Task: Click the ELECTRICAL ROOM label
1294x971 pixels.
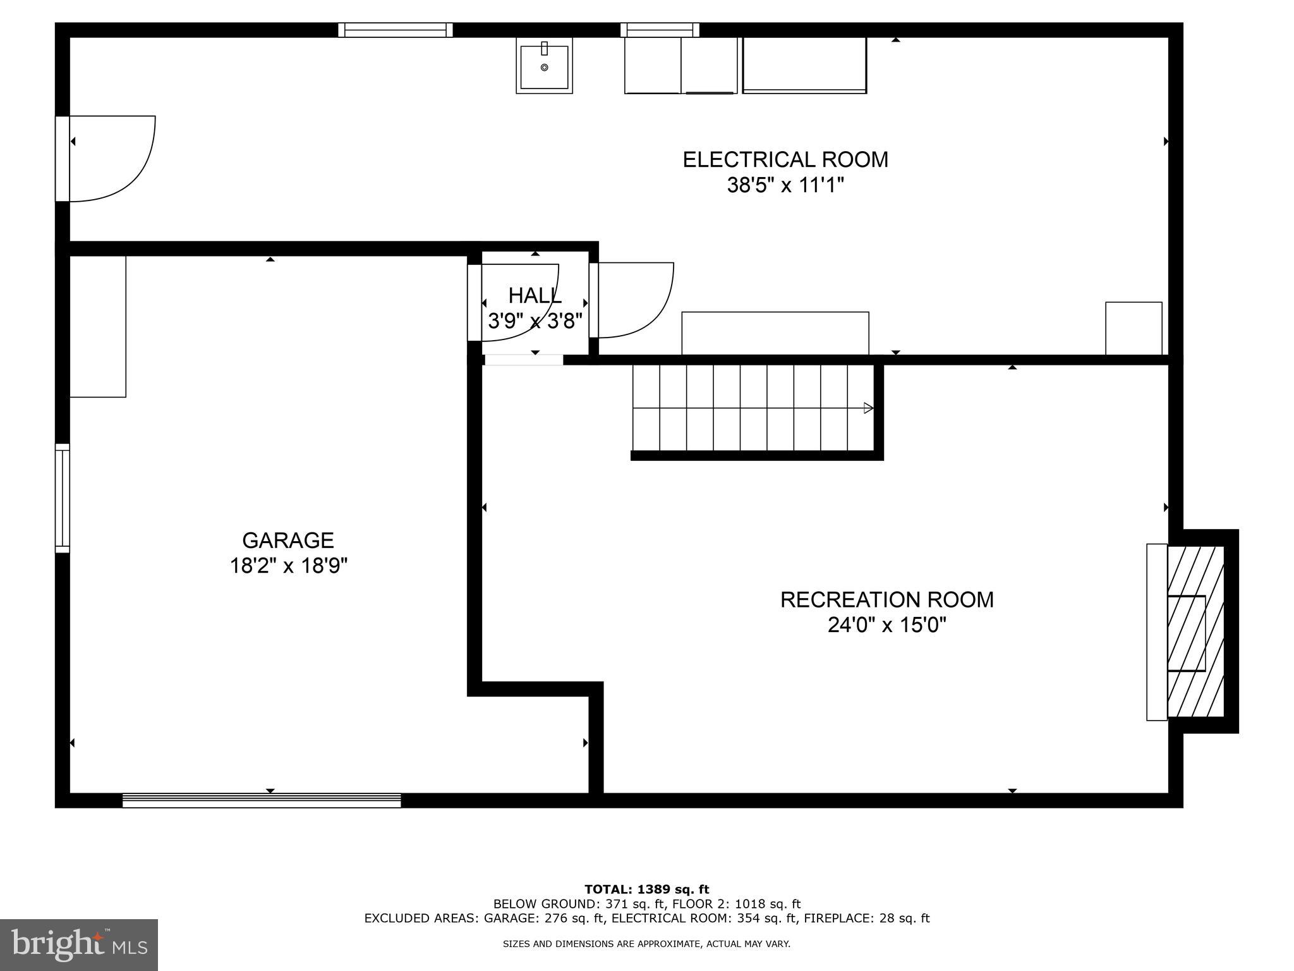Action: (x=785, y=159)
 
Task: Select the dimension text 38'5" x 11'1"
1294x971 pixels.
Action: (x=785, y=186)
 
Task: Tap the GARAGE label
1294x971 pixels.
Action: (x=287, y=540)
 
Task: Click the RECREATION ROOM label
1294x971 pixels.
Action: (x=886, y=599)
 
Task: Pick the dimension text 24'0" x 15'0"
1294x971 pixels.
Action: (x=886, y=626)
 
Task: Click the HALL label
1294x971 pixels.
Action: (x=535, y=295)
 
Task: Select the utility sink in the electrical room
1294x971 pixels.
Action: (x=544, y=66)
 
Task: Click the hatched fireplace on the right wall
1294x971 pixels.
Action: (x=1195, y=632)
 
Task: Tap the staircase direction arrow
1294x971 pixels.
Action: (x=869, y=408)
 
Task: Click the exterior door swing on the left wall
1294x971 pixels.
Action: (x=111, y=158)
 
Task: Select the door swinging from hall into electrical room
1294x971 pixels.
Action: (x=635, y=300)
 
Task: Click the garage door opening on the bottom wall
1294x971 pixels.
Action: (x=262, y=800)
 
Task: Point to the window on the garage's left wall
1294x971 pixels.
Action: (x=62, y=498)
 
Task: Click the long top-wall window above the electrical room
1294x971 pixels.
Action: (x=396, y=30)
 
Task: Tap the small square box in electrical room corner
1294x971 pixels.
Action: (x=1134, y=328)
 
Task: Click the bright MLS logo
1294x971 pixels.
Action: (x=79, y=944)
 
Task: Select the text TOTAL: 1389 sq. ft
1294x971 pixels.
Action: (x=646, y=890)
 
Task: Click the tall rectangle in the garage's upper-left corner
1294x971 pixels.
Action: (x=97, y=326)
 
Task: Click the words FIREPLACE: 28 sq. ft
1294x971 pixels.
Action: (x=873, y=919)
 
